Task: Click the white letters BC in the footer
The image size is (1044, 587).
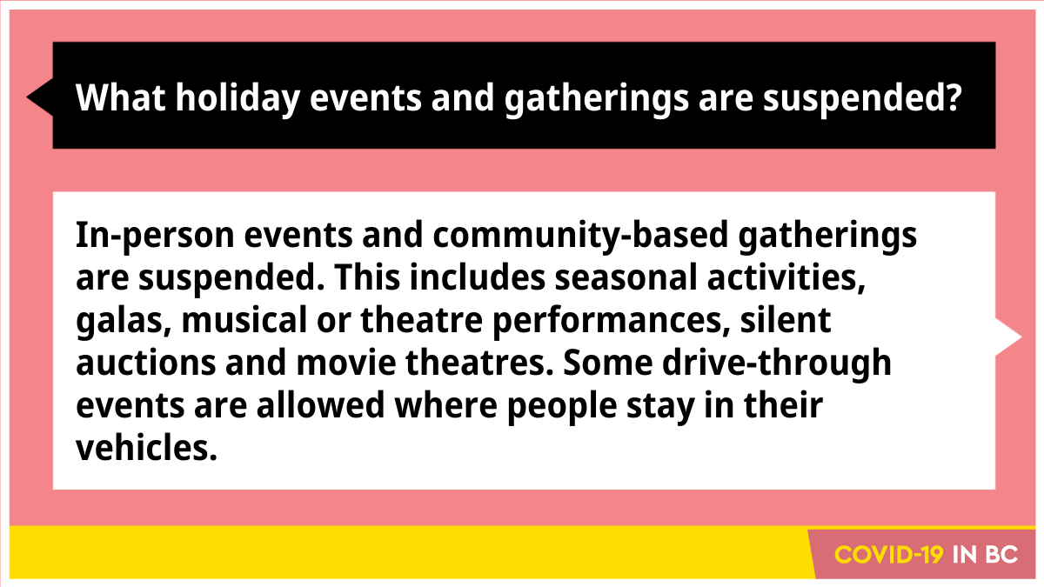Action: point(1002,555)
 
